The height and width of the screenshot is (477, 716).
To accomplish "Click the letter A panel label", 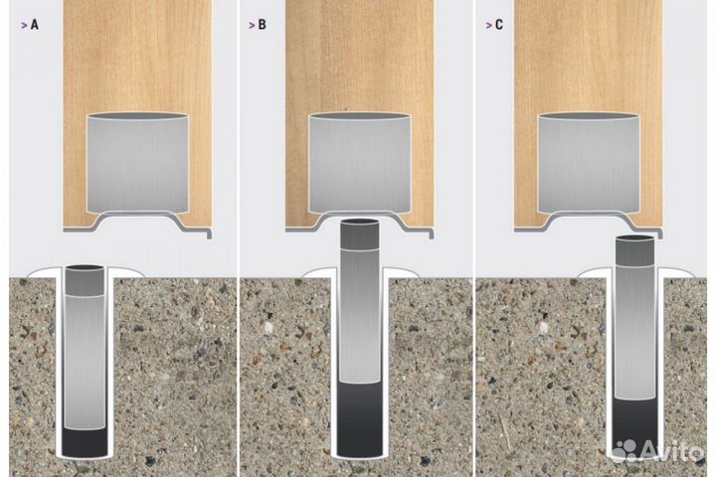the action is pyautogui.click(x=35, y=25).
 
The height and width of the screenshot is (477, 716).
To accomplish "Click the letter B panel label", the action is pyautogui.click(x=262, y=25).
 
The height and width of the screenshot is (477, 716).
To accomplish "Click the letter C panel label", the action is pyautogui.click(x=498, y=25).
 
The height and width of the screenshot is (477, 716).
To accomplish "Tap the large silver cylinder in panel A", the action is pyautogui.click(x=137, y=163).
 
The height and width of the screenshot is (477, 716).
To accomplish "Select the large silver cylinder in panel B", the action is pyautogui.click(x=360, y=163).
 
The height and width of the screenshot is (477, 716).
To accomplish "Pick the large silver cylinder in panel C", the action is pyautogui.click(x=589, y=163).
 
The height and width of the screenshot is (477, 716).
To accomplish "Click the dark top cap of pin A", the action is pyautogui.click(x=85, y=280).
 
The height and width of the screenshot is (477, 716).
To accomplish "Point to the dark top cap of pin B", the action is pyautogui.click(x=360, y=235).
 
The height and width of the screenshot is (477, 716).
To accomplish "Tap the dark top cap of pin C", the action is pyautogui.click(x=634, y=250).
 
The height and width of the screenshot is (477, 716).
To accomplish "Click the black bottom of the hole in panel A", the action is pyautogui.click(x=85, y=442).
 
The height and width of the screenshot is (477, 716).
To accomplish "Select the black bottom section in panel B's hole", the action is pyautogui.click(x=360, y=419).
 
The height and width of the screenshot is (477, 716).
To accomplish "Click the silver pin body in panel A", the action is pyautogui.click(x=85, y=363).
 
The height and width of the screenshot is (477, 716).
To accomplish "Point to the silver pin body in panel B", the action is pyautogui.click(x=360, y=316).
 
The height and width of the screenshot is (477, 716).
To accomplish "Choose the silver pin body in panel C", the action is pyautogui.click(x=634, y=332).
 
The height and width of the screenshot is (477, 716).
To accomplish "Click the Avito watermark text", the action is pyautogui.click(x=672, y=451).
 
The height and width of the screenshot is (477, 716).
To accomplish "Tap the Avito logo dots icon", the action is pyautogui.click(x=625, y=450).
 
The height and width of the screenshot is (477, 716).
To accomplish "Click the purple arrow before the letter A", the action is pyautogui.click(x=24, y=25).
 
